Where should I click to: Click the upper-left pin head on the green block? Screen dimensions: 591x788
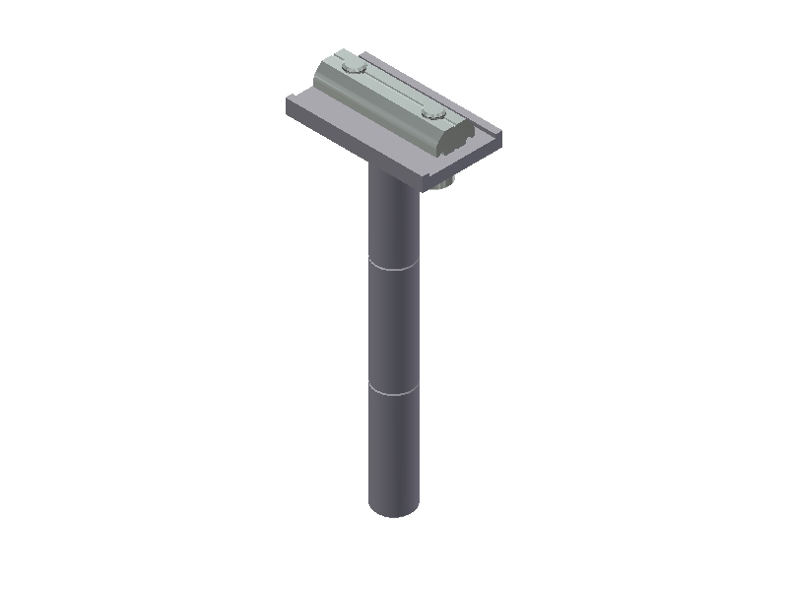352,68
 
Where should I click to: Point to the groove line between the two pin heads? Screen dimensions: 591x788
393,90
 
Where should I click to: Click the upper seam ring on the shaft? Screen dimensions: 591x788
394,267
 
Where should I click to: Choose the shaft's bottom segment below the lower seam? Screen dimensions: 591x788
394,448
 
